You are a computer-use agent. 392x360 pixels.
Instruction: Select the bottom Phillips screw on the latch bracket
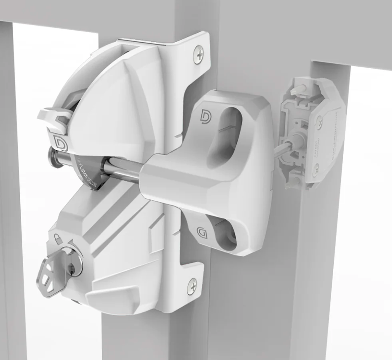(x=192, y=286)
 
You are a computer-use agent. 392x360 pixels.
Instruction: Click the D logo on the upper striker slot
(x=205, y=116)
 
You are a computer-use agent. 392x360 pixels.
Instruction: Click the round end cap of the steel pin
(x=54, y=156)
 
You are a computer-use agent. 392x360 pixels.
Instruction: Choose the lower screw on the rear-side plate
(x=317, y=168)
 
